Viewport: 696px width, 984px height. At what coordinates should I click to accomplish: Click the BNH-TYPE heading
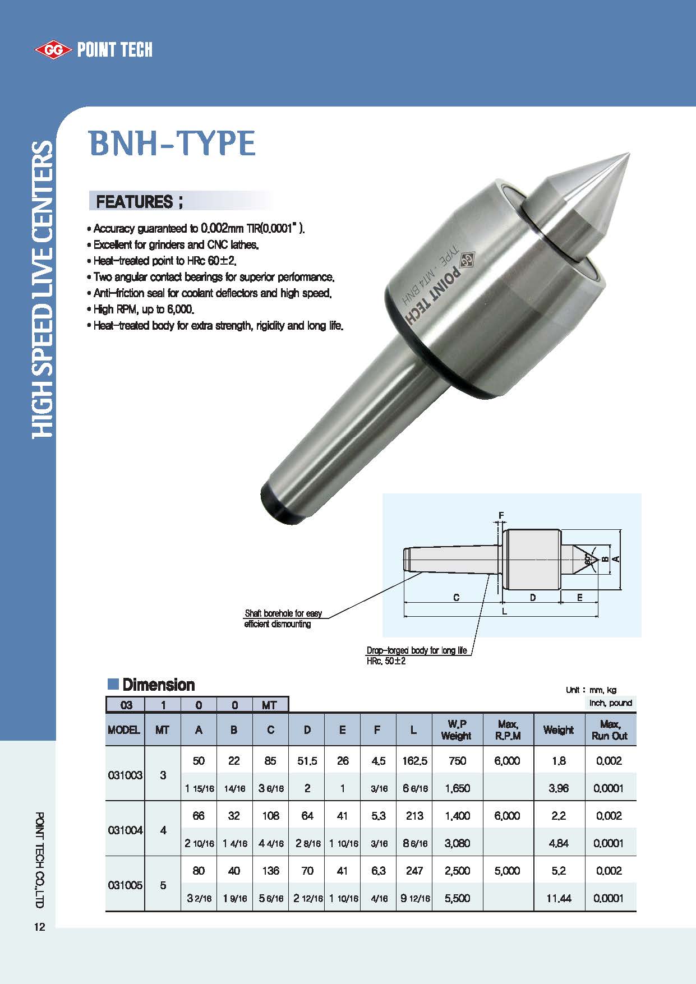coord(172,143)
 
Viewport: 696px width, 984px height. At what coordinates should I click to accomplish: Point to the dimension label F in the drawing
coord(501,515)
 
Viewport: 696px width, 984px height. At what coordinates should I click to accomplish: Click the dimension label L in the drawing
coord(504,611)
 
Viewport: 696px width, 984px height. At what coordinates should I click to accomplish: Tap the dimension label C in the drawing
coord(456,598)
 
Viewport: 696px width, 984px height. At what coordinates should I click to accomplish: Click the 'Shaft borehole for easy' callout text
coord(283,613)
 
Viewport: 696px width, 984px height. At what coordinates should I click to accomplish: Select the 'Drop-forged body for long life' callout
coord(416,650)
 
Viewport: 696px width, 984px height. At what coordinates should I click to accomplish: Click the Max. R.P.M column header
coord(508,729)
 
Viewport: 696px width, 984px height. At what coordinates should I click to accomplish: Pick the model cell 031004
coord(125,830)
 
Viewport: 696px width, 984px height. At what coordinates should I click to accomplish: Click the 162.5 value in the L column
coord(414,761)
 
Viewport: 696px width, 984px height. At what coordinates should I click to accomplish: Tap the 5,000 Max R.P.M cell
coord(507,871)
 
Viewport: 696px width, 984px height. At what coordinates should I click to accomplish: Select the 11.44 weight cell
coord(559,898)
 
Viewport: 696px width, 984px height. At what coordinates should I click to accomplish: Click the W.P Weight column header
coord(457,729)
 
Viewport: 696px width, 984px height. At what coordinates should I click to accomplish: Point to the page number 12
coord(39,927)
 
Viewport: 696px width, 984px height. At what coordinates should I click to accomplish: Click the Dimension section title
coord(158,685)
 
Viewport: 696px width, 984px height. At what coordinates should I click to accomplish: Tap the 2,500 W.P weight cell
coord(457,871)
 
